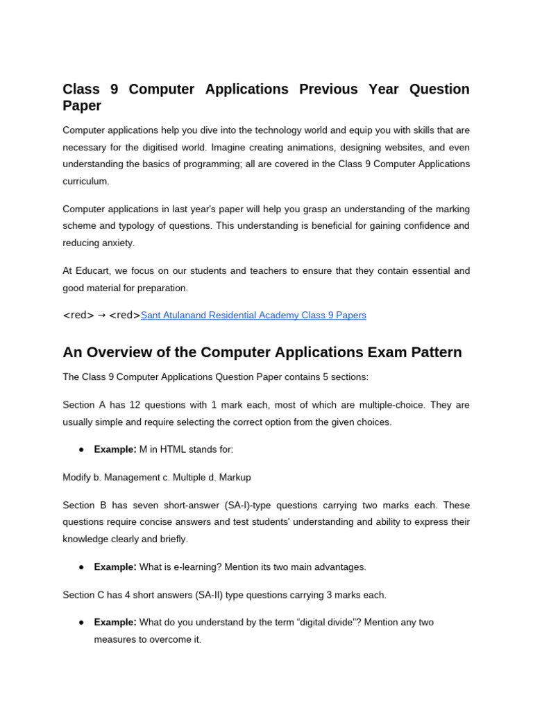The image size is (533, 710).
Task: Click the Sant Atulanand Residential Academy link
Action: [253, 315]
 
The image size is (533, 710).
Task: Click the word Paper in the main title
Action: [82, 106]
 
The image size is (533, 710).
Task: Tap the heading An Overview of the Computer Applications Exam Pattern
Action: [262, 352]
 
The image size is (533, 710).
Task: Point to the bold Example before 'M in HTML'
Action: [115, 449]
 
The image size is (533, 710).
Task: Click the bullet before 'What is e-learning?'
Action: [81, 567]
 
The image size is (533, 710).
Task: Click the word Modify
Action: [78, 477]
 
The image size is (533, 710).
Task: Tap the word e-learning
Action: [192, 567]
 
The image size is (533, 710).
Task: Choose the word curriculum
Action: [85, 181]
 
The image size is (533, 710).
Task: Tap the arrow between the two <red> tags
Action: [101, 315]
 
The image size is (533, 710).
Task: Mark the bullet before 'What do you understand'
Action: [81, 622]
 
